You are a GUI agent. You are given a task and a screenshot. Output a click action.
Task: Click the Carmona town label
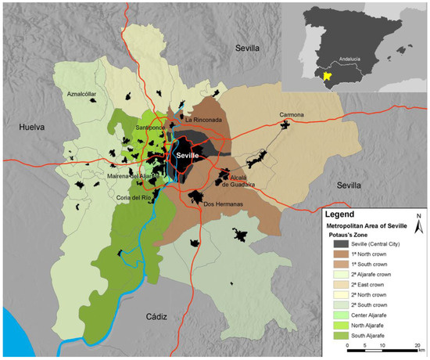(291, 115)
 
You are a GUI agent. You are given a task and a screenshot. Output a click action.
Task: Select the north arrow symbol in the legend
(418, 225)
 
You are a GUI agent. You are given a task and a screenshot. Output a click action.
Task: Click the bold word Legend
(343, 214)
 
